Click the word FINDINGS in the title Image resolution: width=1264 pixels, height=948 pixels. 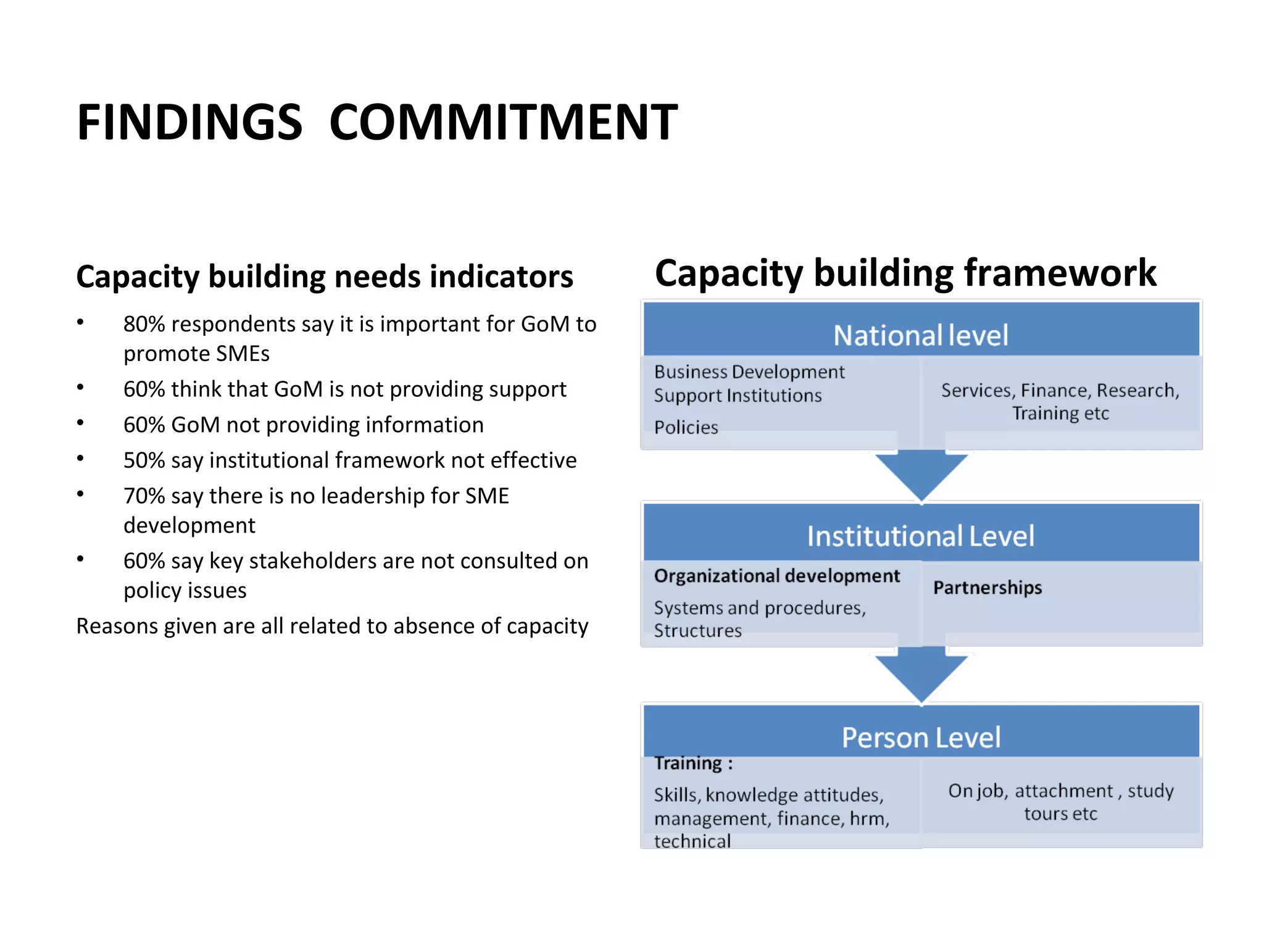click(189, 122)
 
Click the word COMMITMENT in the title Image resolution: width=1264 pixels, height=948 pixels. click(503, 122)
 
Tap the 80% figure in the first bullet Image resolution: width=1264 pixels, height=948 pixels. click(144, 324)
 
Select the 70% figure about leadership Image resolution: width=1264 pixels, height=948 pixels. click(144, 496)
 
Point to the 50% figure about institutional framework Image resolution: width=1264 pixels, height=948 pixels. click(144, 460)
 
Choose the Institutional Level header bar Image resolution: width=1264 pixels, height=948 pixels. click(921, 534)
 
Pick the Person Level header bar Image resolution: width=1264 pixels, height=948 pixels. click(921, 736)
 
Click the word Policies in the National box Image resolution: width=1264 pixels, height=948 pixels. click(686, 427)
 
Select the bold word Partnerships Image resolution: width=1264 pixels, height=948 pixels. click(987, 587)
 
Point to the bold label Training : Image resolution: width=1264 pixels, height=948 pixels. click(693, 763)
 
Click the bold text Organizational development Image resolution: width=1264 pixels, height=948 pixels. click(776, 576)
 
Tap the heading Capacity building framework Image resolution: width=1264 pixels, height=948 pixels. click(905, 273)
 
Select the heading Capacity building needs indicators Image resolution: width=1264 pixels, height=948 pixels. click(325, 276)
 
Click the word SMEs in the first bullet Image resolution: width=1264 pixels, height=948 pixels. click(243, 354)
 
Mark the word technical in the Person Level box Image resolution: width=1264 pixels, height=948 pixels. click(692, 841)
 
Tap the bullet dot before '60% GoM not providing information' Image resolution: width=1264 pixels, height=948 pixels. click(80, 423)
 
